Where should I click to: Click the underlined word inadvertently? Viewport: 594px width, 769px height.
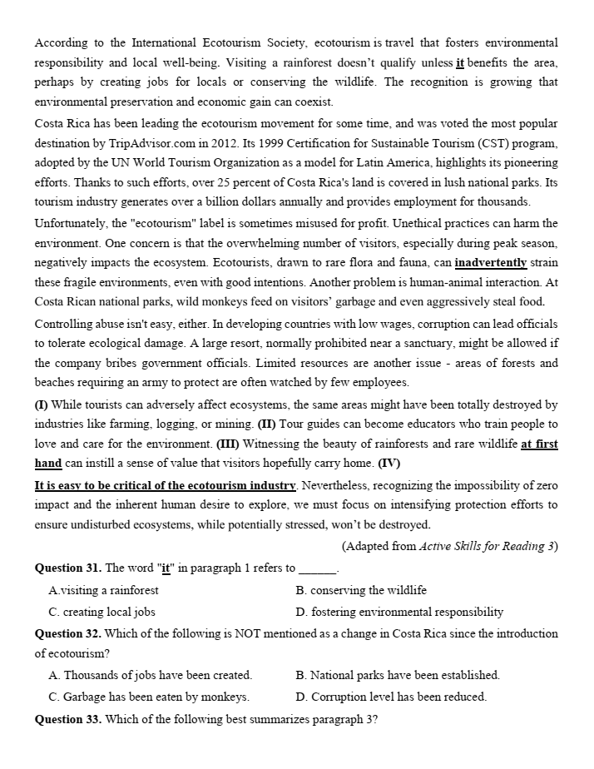click(491, 263)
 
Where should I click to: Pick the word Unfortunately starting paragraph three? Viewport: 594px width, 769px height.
click(72, 223)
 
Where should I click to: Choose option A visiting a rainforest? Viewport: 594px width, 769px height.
click(103, 590)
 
